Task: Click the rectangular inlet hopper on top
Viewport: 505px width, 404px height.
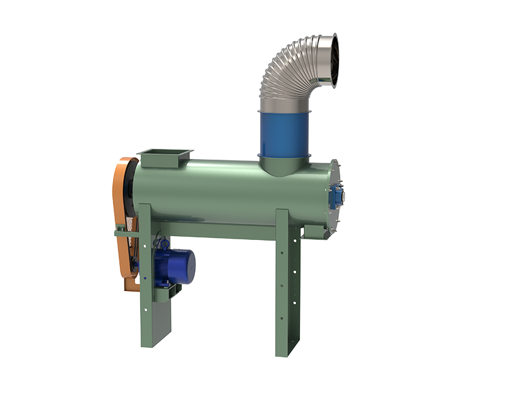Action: coord(164,157)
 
